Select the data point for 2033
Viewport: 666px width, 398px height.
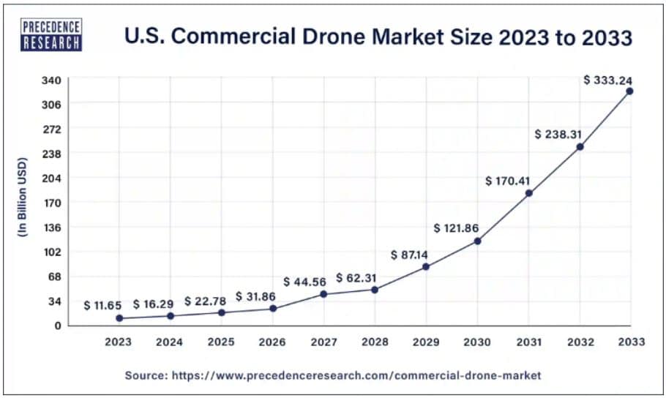click(629, 91)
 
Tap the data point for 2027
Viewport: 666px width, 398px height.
click(323, 294)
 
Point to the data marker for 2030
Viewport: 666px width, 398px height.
click(477, 241)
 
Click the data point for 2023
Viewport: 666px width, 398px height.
click(119, 318)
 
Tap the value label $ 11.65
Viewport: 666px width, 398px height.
click(102, 305)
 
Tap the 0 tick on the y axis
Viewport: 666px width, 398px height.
click(56, 326)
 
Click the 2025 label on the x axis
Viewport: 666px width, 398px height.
click(221, 342)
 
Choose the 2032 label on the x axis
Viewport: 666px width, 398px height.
click(580, 342)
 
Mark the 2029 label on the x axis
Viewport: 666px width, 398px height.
click(426, 342)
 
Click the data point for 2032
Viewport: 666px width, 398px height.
click(580, 147)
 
